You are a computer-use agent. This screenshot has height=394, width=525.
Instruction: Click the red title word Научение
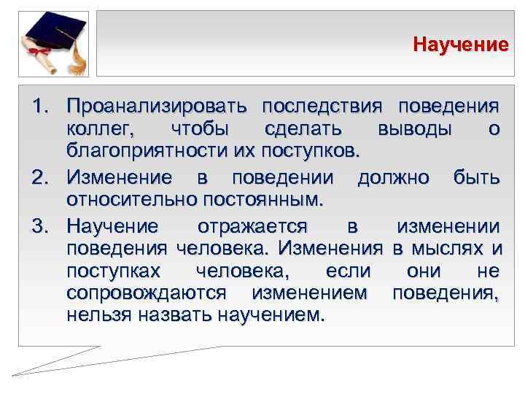click(x=460, y=45)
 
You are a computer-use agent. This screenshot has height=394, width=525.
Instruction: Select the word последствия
click(x=322, y=107)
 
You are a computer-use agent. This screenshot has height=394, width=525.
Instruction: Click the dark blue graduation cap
click(x=57, y=33)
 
